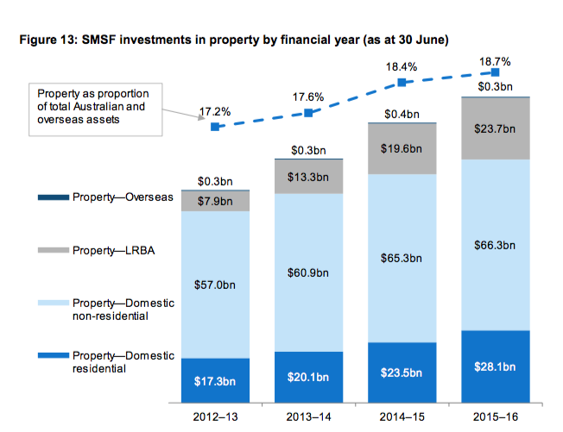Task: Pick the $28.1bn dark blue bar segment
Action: pos(496,366)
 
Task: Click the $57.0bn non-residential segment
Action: pos(214,285)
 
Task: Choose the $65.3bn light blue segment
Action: pos(402,258)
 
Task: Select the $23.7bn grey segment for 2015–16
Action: pos(496,128)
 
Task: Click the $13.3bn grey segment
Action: pos(308,177)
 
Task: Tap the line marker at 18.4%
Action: pos(402,83)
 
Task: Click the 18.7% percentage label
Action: pos(495,62)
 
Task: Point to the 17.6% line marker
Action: pos(308,113)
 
